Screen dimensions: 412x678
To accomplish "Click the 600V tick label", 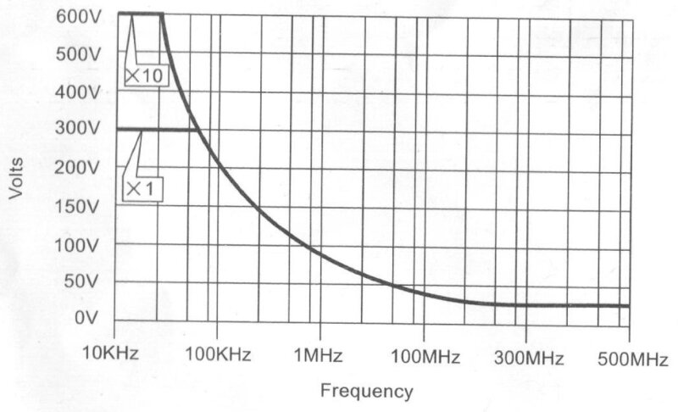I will pyautogui.click(x=79, y=16).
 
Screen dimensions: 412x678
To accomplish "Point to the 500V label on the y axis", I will pyautogui.click(x=79, y=53).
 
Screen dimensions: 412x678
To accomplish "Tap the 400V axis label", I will pyautogui.click(x=79, y=91).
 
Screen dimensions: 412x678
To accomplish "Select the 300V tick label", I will pyautogui.click(x=79, y=129).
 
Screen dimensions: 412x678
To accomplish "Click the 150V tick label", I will pyautogui.click(x=79, y=206).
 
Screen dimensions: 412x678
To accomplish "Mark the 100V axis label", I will pyautogui.click(x=79, y=245).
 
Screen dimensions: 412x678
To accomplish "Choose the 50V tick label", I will pyautogui.click(x=83, y=282).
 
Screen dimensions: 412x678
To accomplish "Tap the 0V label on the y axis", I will pyautogui.click(x=87, y=319).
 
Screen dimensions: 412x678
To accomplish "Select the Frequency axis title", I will pyautogui.click(x=366, y=392).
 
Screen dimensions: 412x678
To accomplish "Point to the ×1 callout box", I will pyautogui.click(x=142, y=189).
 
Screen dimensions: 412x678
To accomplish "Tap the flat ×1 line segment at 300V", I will pyautogui.click(x=153, y=129).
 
